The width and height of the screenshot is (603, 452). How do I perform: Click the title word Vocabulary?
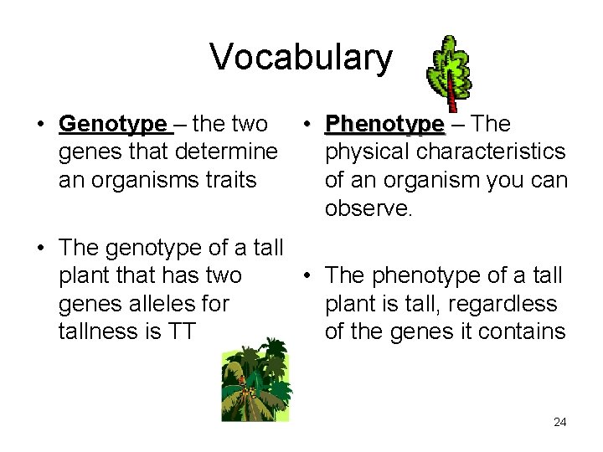point(301,57)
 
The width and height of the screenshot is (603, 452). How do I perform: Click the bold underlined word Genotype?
point(113,125)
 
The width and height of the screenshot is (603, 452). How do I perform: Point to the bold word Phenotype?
point(384,125)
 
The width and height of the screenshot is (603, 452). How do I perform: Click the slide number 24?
point(559,422)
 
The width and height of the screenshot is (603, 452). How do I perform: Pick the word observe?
point(368,208)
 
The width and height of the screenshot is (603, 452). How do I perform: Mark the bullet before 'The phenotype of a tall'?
point(307,275)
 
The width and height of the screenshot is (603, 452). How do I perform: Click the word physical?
point(367,152)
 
